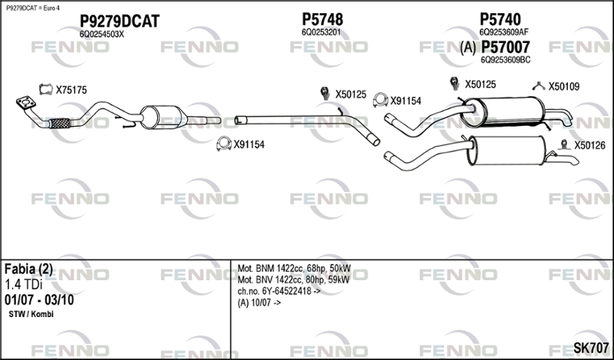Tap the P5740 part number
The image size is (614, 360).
click(x=500, y=19)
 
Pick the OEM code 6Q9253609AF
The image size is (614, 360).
click(x=503, y=32)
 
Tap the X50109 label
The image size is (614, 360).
click(x=563, y=86)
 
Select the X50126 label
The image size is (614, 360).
click(x=590, y=144)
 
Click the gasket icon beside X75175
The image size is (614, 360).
click(x=45, y=90)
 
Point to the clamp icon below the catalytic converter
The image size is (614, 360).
click(x=224, y=143)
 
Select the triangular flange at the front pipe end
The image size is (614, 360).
click(x=27, y=102)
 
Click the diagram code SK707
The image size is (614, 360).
click(x=590, y=348)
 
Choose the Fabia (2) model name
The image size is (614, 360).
click(x=28, y=269)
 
